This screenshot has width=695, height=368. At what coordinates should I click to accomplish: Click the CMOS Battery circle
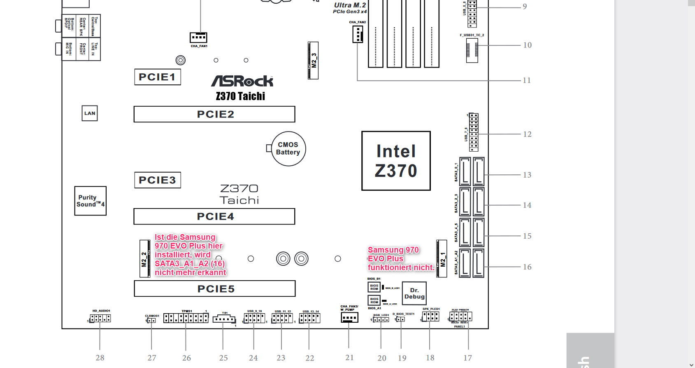[x=288, y=149]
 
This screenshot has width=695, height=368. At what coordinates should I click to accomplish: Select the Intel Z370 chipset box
[x=396, y=161]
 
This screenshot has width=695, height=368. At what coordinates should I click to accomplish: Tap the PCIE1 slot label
[x=158, y=77]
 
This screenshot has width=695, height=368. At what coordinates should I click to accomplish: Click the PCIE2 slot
[x=214, y=114]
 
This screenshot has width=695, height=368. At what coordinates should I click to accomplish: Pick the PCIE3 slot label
[x=158, y=180]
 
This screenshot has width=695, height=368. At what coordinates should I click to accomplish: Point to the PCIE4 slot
[x=214, y=216]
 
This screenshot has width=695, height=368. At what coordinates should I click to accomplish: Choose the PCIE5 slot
[x=215, y=288]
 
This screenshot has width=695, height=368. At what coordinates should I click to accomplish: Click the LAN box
[x=90, y=113]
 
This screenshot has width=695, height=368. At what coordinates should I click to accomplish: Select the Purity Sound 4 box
[x=91, y=201]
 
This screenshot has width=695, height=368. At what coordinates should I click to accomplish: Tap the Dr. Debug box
[x=414, y=293]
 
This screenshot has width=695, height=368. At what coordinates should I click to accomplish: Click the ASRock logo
[x=242, y=81]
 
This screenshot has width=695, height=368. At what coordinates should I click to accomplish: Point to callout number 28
[x=100, y=358]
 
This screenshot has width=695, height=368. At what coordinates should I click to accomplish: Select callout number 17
[x=468, y=358]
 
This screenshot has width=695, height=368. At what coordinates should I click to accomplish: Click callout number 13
[x=527, y=175]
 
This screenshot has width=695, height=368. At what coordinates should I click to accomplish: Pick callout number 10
[x=527, y=45]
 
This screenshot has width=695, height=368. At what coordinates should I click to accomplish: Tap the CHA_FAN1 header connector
[x=198, y=38]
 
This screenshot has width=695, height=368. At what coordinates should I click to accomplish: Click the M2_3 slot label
[x=314, y=61]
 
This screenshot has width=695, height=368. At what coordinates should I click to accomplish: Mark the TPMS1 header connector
[x=186, y=318]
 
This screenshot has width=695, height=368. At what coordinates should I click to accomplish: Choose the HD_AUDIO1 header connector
[x=100, y=318]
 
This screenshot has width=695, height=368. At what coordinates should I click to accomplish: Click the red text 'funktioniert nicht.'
[x=401, y=267]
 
